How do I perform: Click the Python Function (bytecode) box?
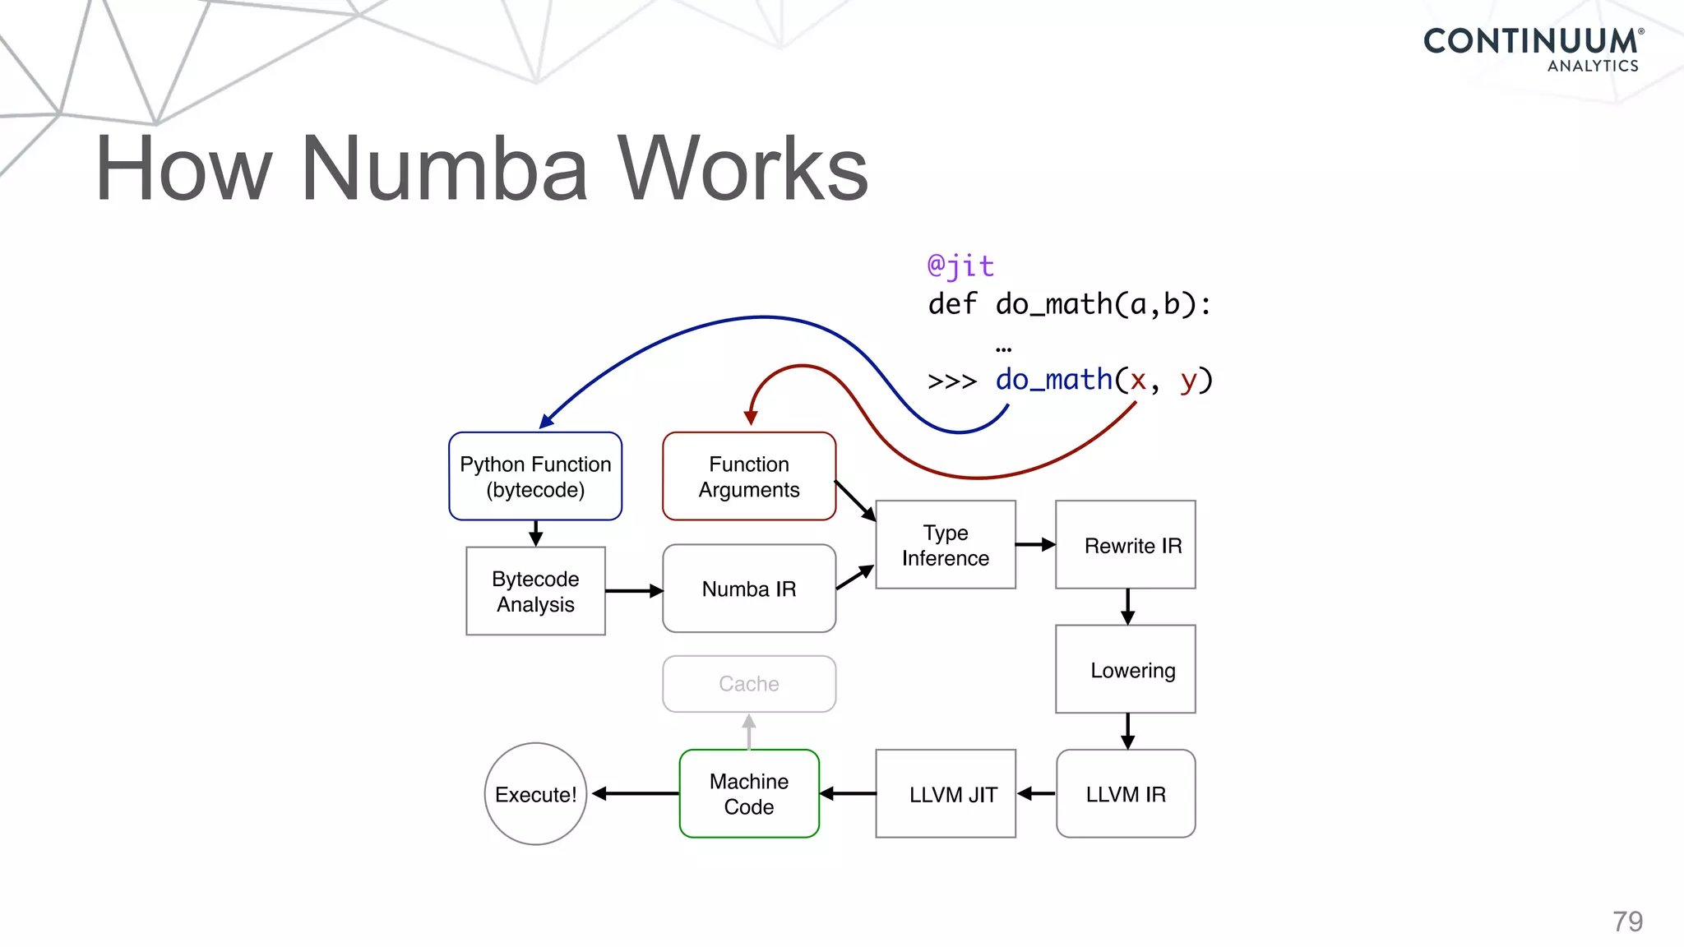(535, 476)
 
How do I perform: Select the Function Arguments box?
(749, 476)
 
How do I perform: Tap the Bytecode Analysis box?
(535, 591)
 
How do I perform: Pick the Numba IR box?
(749, 589)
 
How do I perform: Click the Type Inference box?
(946, 544)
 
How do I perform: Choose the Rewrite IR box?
(1126, 544)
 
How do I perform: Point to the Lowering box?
(1126, 669)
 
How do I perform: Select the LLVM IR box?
(1126, 793)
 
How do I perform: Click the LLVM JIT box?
(946, 793)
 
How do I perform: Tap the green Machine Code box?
(749, 793)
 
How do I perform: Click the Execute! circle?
(535, 794)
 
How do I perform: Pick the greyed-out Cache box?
(749, 684)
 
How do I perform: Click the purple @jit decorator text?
(960, 266)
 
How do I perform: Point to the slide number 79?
(1627, 922)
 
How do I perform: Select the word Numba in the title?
(445, 169)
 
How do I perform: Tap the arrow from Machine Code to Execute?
(636, 793)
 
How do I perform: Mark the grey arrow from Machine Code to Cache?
(749, 732)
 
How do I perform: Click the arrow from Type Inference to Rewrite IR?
(1036, 544)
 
